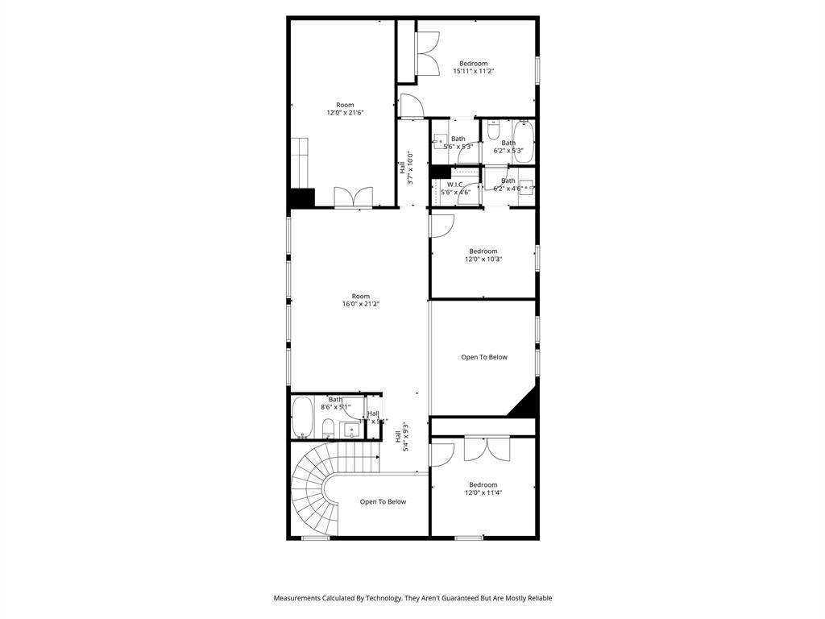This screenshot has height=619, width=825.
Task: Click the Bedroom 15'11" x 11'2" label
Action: tap(473, 68)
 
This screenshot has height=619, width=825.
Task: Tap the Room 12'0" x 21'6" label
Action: tap(345, 109)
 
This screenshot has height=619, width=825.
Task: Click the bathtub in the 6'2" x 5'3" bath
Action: tap(524, 142)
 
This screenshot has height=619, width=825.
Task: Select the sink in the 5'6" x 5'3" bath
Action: tap(440, 143)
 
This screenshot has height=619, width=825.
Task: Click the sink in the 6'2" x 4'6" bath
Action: tap(526, 186)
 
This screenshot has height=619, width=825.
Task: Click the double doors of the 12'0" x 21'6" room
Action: tap(354, 197)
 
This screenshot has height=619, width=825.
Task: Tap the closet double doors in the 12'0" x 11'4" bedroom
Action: tap(487, 449)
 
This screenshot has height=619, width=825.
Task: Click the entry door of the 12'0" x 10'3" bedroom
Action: tap(440, 226)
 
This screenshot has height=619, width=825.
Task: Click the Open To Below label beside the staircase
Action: tap(383, 501)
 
